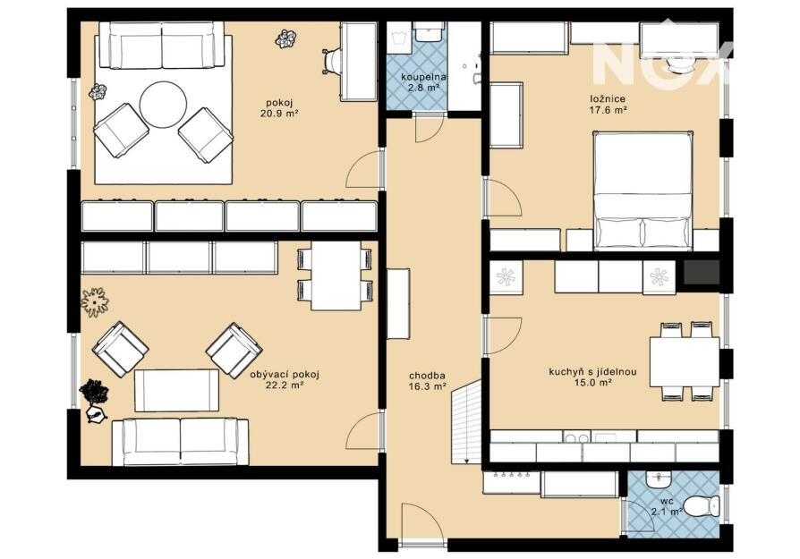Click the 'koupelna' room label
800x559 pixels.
[x=423, y=78]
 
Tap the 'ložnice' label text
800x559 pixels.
[x=607, y=98]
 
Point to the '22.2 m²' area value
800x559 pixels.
[x=285, y=385]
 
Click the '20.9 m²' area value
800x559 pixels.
[x=278, y=114]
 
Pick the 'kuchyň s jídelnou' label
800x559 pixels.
[x=592, y=372]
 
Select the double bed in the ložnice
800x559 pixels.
[x=643, y=191]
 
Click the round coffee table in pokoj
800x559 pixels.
[x=163, y=106]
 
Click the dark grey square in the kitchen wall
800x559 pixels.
[x=701, y=272]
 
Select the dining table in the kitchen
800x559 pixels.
[x=685, y=361]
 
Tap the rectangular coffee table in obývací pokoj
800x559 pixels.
[x=176, y=390]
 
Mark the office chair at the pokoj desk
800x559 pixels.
[x=330, y=62]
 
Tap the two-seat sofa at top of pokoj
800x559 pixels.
[x=162, y=45]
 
